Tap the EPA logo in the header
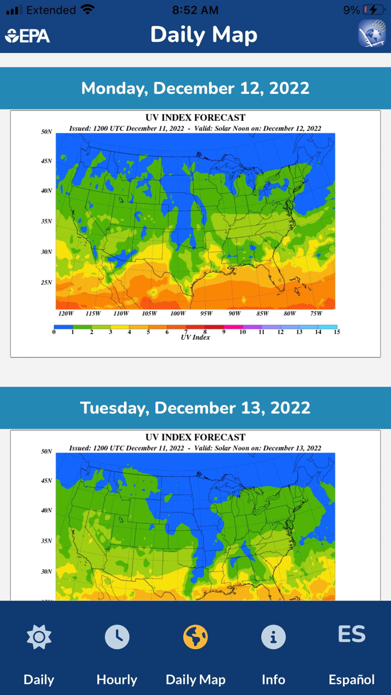click(27, 36)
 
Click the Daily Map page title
click(204, 35)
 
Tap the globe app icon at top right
click(371, 34)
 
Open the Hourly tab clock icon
click(117, 637)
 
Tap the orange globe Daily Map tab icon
click(195, 637)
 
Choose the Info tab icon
click(273, 637)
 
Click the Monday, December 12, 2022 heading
click(195, 88)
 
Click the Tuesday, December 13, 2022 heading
click(195, 408)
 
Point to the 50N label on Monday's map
click(46, 132)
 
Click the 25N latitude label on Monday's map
click(46, 282)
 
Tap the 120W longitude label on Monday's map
click(65, 313)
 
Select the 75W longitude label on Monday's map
click(316, 313)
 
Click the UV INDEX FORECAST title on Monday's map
click(195, 118)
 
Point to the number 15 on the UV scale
click(337, 332)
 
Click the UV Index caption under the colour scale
click(195, 337)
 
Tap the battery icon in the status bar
click(373, 10)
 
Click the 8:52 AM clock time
click(195, 10)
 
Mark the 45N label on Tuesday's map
click(46, 480)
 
